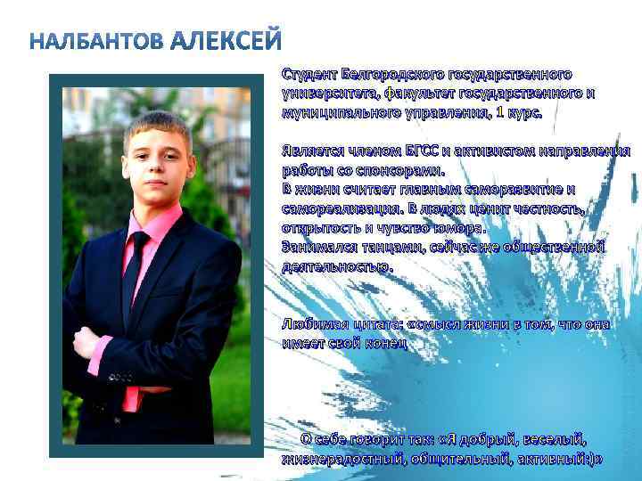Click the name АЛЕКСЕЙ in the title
click(226, 41)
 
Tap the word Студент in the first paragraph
click(309, 74)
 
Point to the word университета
click(326, 94)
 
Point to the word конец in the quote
click(384, 344)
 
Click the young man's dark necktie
click(135, 276)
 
